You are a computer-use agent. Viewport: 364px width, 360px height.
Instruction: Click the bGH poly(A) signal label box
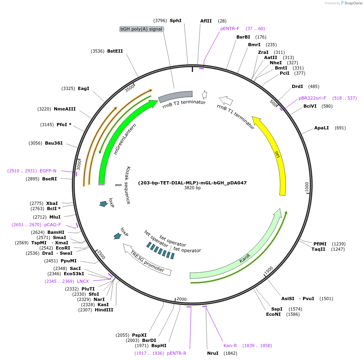point(141,29)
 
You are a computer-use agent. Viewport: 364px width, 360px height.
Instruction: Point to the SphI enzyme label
point(175,20)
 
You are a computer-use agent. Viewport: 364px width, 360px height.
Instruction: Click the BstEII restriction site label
point(115,51)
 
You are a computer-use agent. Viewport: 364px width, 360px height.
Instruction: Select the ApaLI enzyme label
point(321,128)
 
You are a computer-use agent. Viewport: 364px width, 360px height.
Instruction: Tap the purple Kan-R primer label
point(230,346)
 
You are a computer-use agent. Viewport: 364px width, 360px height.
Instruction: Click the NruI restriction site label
point(213,353)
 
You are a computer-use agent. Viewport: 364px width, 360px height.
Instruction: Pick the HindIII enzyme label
point(104,310)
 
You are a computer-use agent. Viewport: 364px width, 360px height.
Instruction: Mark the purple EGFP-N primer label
point(48,171)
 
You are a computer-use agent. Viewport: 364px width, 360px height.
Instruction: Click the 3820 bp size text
point(192,188)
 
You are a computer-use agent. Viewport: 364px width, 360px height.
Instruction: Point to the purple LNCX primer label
point(83,281)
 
